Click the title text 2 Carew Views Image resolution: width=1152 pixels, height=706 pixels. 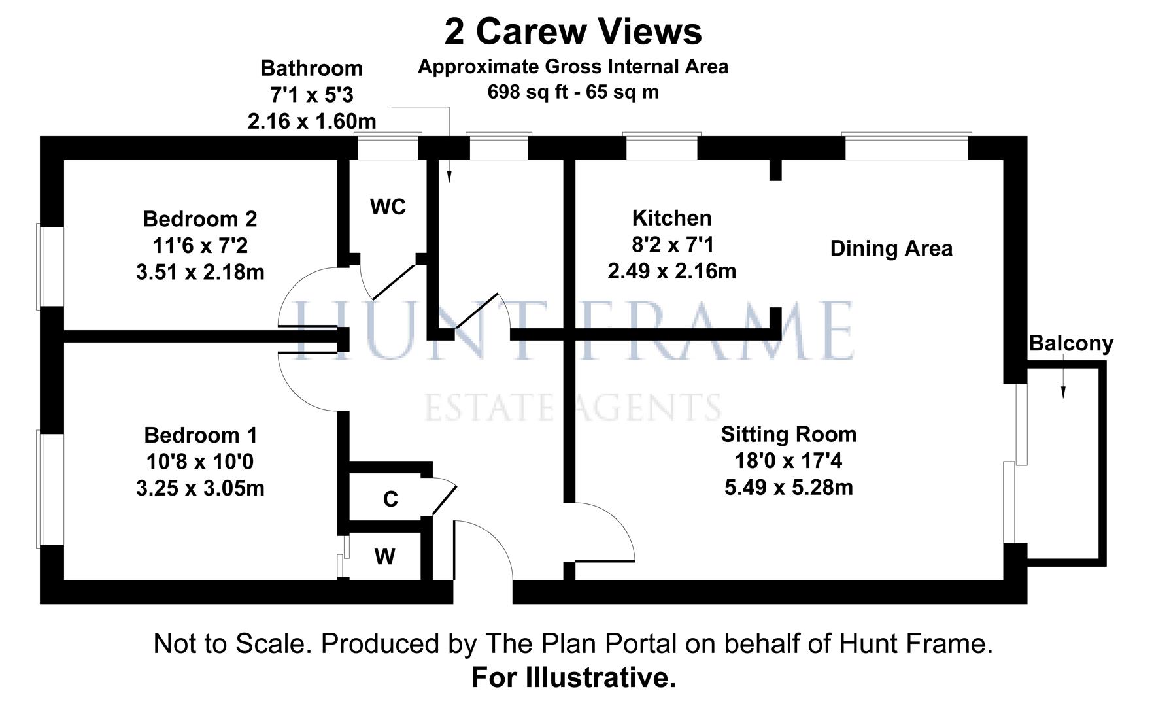(x=573, y=31)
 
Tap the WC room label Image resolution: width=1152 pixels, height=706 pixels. (x=388, y=207)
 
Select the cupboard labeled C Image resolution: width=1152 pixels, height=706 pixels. (x=390, y=499)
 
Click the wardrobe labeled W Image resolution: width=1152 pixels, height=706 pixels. (x=384, y=557)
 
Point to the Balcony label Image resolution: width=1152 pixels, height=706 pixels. (x=1070, y=343)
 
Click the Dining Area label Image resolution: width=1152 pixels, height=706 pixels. (x=890, y=248)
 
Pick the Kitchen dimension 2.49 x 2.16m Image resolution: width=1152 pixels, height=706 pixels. (x=671, y=271)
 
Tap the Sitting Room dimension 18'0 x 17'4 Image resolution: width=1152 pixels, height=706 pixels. (x=788, y=461)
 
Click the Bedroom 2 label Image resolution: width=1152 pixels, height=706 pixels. (x=200, y=218)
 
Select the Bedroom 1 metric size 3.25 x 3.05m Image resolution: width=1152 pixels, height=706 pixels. (x=200, y=488)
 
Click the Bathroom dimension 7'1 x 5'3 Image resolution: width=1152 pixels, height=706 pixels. (x=311, y=95)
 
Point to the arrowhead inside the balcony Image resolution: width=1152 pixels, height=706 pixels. (x=1063, y=392)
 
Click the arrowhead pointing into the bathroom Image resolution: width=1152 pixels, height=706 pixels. (x=449, y=176)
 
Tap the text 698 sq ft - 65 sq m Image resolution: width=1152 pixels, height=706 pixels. (x=573, y=92)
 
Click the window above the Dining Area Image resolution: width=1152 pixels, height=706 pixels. (x=906, y=146)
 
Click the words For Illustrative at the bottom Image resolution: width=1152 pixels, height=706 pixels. (x=573, y=678)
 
